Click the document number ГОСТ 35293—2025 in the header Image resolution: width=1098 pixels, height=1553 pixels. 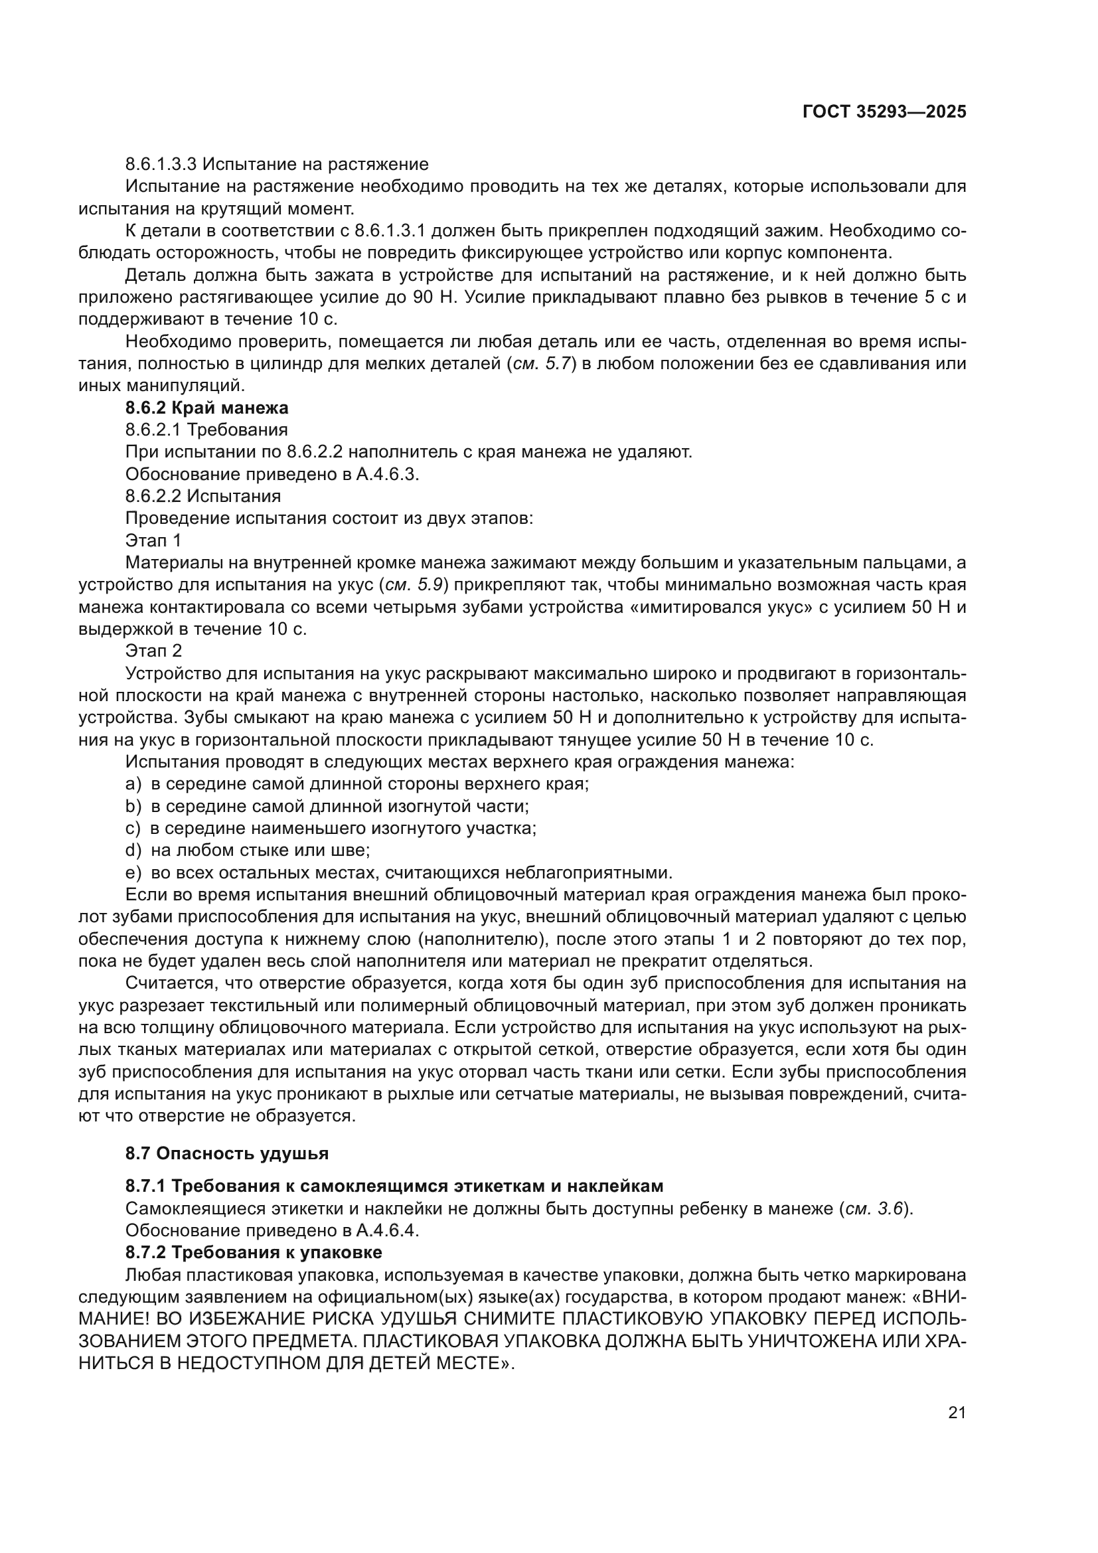click(x=884, y=112)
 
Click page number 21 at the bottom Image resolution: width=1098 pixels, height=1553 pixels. click(x=957, y=1412)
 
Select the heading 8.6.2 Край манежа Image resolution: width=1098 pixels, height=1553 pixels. click(x=207, y=408)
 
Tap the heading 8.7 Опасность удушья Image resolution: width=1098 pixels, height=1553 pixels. click(x=227, y=1153)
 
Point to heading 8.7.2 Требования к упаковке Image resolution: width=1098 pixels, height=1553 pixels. click(x=254, y=1252)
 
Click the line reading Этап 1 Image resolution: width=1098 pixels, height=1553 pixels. click(x=153, y=540)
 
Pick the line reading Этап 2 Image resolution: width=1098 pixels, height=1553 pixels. click(x=153, y=651)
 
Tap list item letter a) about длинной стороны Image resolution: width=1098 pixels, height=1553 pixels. click(x=133, y=784)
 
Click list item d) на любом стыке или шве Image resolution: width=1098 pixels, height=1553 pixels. click(x=248, y=851)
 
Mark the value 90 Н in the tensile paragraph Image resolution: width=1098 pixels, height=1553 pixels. click(x=428, y=297)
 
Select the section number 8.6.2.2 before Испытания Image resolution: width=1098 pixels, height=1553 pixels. click(x=153, y=497)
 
